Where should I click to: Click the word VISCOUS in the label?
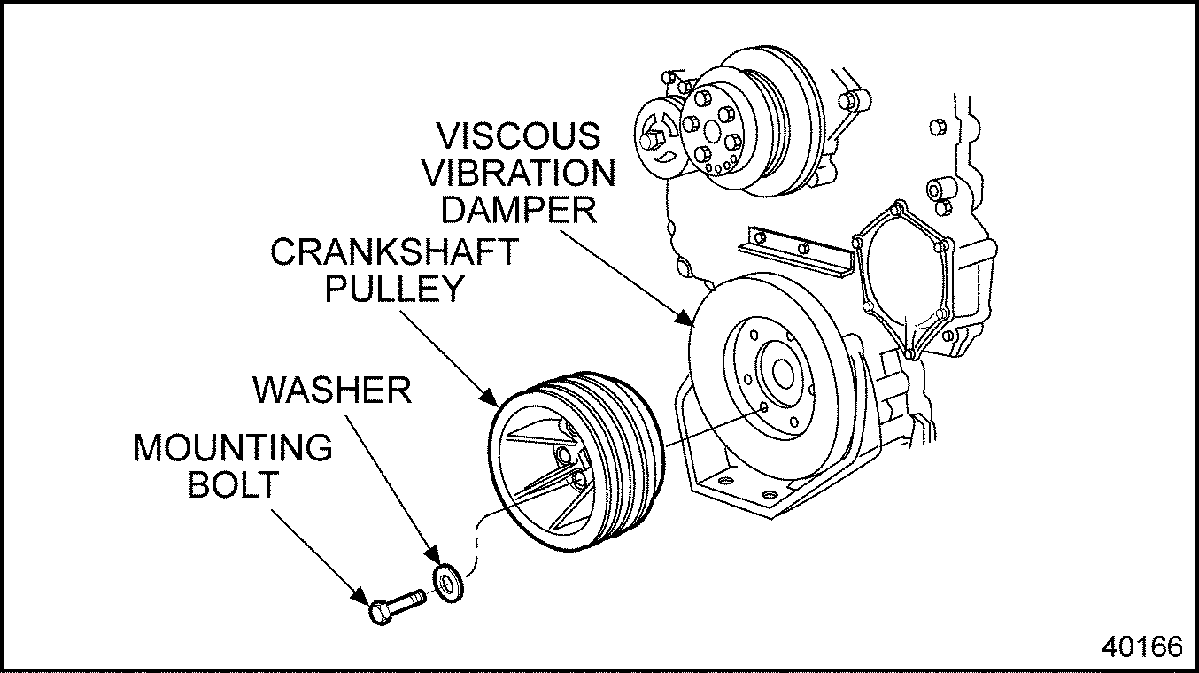coord(519,136)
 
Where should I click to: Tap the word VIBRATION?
coord(527,173)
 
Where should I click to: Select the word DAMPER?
coord(519,210)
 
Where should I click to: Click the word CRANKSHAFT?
coord(393,252)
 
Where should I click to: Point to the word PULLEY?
coord(395,290)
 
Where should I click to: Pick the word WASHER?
coord(333,390)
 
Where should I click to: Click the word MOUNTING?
coord(233,448)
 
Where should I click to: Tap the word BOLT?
coord(232,485)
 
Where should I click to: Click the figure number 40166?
coord(1142,646)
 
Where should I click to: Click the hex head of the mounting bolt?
coord(380,611)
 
